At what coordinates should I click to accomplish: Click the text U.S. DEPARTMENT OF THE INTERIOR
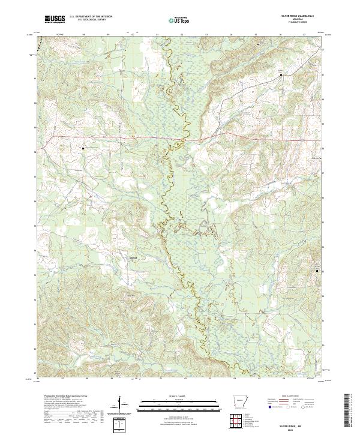(91, 16)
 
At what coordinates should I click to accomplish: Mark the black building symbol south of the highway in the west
(83, 147)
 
